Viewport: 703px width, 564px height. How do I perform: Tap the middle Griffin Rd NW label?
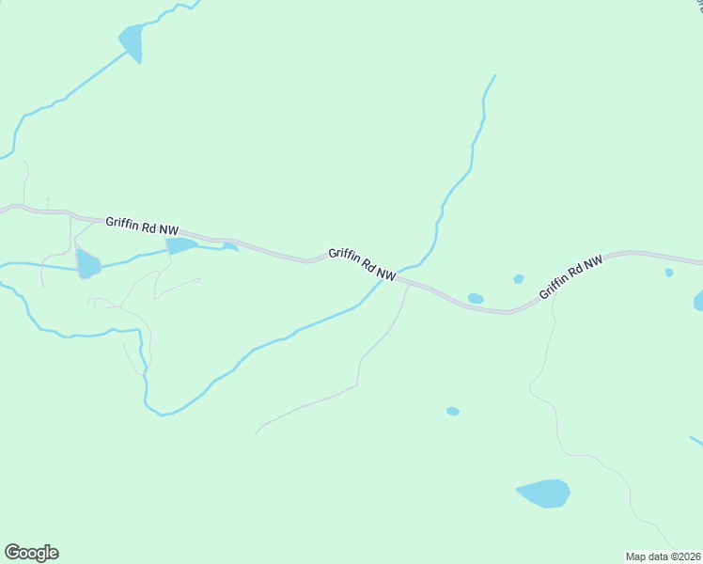point(361,262)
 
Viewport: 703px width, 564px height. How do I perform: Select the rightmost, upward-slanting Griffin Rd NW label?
point(570,278)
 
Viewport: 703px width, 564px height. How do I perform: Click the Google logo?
point(31,553)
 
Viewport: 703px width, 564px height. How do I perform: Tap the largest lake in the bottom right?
point(543,493)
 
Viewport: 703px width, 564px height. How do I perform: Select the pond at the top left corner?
point(133,41)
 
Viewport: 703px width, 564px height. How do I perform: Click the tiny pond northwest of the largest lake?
point(453,411)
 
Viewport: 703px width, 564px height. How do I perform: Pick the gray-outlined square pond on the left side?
point(88,264)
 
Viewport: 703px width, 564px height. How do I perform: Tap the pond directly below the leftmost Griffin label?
point(180,245)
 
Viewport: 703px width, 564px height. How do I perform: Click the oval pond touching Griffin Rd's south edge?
point(476,299)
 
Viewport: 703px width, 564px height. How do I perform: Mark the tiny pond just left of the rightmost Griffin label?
point(519,279)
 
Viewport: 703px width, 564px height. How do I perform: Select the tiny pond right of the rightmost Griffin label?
point(669,273)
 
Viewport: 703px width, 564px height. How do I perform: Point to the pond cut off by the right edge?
point(698,301)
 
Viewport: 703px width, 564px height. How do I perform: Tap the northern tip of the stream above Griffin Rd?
point(494,75)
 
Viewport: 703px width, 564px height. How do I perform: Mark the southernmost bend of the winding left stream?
point(162,414)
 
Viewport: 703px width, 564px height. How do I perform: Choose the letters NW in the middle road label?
point(384,273)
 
